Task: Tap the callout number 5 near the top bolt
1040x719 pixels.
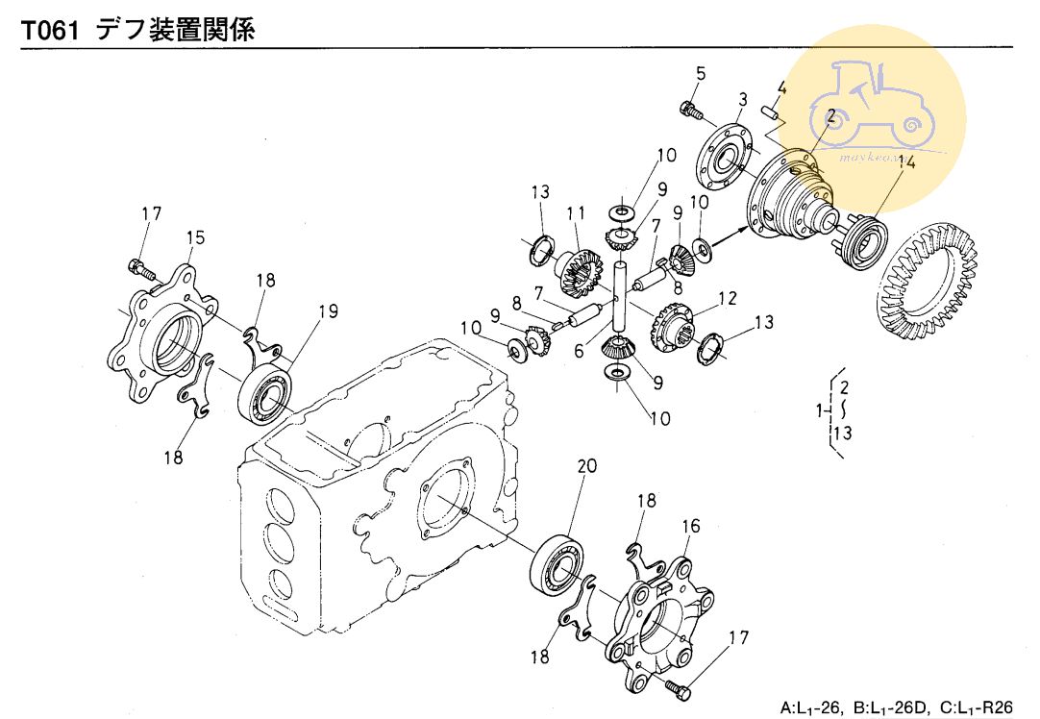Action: coord(700,73)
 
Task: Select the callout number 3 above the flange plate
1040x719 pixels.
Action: coord(743,99)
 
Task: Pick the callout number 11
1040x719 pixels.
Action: coord(576,212)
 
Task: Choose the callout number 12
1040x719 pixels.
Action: coord(728,298)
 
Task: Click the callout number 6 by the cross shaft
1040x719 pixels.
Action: coord(579,352)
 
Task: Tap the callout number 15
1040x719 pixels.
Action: coord(195,236)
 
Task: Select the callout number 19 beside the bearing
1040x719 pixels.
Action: coord(329,310)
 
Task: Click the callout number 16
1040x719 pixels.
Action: coord(691,526)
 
